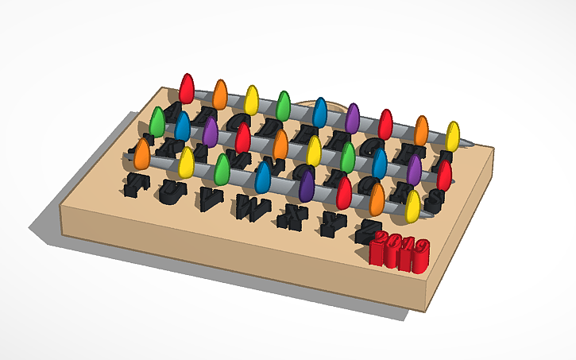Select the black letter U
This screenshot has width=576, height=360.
[x=172, y=190]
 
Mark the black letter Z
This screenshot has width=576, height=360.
[x=365, y=230]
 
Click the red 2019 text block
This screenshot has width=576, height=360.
[x=400, y=251]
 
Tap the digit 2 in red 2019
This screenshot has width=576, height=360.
[x=381, y=241]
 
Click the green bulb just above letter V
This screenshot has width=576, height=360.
[x=223, y=169]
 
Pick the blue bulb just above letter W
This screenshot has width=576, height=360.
[x=263, y=177]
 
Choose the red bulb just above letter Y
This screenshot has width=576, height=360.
[x=344, y=192]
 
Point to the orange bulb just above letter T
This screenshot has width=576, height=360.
[x=142, y=153]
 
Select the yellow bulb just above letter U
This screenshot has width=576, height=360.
[x=187, y=162]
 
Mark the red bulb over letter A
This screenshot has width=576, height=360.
[x=187, y=88]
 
